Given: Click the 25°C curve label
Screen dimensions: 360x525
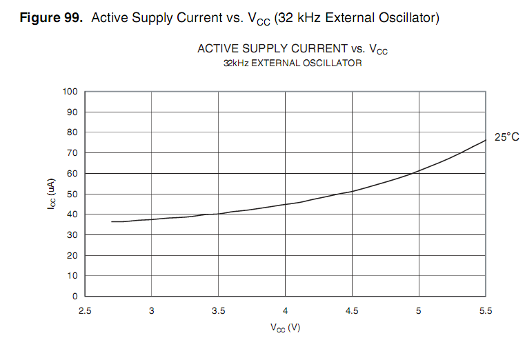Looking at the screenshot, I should [x=506, y=137].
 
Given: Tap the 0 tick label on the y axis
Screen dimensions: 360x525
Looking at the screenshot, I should [x=74, y=297].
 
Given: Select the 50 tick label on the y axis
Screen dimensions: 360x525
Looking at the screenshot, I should [x=71, y=194].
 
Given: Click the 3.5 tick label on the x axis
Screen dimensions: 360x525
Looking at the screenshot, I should [x=218, y=311].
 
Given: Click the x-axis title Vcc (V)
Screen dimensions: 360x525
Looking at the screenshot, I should [x=285, y=328].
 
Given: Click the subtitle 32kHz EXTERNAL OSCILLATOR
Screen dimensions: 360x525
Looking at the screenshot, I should [x=293, y=63].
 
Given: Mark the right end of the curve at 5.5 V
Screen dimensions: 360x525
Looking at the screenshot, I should [x=486, y=140].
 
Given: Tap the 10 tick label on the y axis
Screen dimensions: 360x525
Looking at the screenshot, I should [x=71, y=276].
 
